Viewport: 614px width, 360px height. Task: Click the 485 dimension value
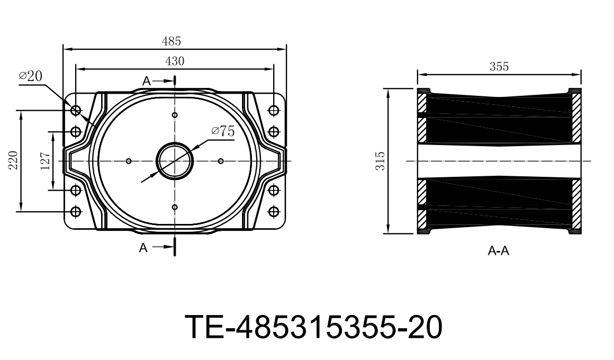(x=172, y=41)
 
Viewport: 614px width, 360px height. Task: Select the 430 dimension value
(x=175, y=61)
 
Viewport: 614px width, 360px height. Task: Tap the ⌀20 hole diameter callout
(x=30, y=76)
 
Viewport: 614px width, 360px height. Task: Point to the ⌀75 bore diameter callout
(x=222, y=131)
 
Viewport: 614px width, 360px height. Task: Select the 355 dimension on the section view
(x=499, y=67)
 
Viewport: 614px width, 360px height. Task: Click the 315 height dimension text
(x=380, y=161)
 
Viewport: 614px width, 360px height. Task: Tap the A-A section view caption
(x=498, y=251)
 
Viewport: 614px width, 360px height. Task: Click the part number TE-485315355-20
(x=313, y=327)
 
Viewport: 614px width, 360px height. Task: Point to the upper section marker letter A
(x=147, y=80)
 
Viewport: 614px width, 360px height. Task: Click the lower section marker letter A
(x=143, y=247)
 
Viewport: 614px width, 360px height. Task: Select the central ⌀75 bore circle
(x=175, y=160)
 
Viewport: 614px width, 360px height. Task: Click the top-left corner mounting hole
(x=75, y=110)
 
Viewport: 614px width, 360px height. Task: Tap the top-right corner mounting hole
(x=274, y=110)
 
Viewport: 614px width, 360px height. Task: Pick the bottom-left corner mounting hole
(x=75, y=211)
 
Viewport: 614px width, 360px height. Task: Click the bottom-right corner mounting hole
(x=274, y=211)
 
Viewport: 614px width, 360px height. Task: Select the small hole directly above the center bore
(x=175, y=115)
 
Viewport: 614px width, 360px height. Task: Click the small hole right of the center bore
(x=221, y=161)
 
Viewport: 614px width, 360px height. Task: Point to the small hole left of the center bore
(x=129, y=161)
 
